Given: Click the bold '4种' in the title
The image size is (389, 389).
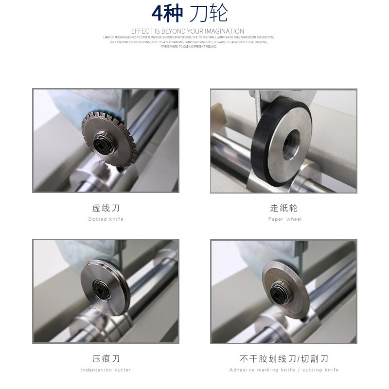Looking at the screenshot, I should (x=167, y=14).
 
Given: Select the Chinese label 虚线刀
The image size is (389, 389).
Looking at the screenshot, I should (x=106, y=208).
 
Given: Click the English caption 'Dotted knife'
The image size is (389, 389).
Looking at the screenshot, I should (x=106, y=219).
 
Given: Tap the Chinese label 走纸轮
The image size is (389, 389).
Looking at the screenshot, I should (x=284, y=208).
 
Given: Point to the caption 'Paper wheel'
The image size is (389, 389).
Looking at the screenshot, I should (x=284, y=219).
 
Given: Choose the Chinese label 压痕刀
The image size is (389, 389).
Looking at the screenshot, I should (x=106, y=359).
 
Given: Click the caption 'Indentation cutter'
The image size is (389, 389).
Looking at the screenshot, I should (x=106, y=370).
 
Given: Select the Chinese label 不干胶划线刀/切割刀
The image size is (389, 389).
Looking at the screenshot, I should (x=284, y=359).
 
